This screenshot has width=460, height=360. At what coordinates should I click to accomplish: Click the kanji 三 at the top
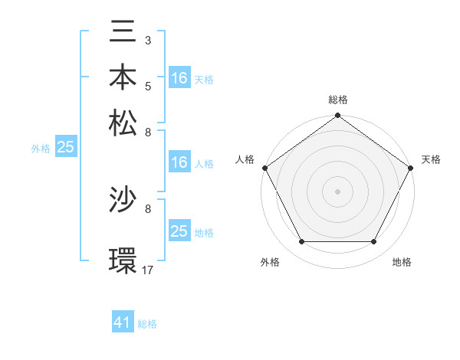coord(123,32)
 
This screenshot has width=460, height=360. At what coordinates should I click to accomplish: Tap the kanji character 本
coord(123,77)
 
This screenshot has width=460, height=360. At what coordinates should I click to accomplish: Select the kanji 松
coord(123,123)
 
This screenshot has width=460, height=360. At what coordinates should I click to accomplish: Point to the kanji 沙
coord(123,201)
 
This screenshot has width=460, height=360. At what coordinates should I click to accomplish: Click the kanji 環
coord(123,260)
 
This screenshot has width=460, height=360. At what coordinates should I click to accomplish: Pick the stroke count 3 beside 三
coord(147,39)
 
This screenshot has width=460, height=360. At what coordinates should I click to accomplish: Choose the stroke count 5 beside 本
coord(147,85)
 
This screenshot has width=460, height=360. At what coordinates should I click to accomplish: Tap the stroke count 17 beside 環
coord(148,269)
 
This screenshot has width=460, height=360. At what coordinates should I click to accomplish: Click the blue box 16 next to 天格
coord(179,77)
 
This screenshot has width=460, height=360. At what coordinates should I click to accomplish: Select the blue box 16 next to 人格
coord(179,162)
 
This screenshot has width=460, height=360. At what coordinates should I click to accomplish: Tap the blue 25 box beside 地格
coord(179,231)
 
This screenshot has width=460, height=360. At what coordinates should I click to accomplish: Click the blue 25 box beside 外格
coord(65,147)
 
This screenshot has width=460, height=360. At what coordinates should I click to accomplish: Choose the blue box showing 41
coord(123,322)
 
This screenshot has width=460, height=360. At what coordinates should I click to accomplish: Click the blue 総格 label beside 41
coord(147,324)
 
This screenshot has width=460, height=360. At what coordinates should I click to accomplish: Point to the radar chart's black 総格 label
coord(337,100)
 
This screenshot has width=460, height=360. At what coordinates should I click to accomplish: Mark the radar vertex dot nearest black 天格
coord(412,168)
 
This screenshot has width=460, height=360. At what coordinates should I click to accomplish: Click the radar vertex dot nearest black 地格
coord(374,242)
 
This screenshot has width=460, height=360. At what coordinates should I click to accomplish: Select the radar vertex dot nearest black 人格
coord(264,168)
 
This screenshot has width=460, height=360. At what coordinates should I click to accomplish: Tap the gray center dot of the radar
coord(338,191)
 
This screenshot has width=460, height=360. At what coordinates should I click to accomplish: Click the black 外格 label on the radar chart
coord(270,262)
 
